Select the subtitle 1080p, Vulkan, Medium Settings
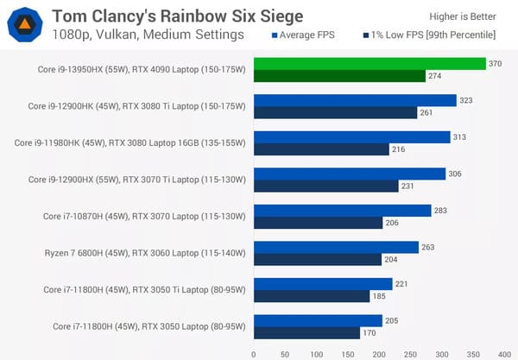click(148, 35)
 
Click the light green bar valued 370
click(370, 64)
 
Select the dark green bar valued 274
click(339, 76)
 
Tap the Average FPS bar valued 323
click(355, 101)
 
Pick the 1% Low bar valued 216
click(321, 149)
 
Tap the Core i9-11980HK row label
click(130, 142)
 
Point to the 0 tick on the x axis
click(254, 353)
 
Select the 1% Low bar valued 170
click(306, 332)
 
